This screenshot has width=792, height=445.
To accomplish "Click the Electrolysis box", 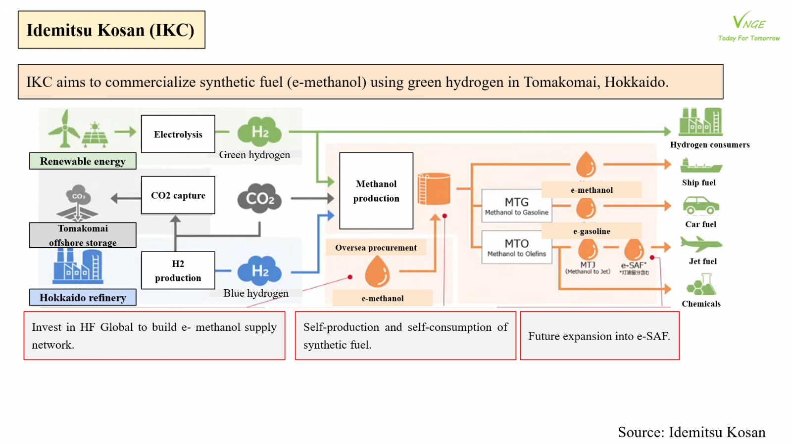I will click(x=178, y=134).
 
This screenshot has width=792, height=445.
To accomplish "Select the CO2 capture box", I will click(x=178, y=195).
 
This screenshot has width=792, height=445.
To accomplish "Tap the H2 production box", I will click(x=178, y=270).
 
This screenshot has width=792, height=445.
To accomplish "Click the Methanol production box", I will click(x=376, y=191).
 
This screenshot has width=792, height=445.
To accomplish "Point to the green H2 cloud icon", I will click(x=259, y=132).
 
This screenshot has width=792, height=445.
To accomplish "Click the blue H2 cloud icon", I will click(x=259, y=271).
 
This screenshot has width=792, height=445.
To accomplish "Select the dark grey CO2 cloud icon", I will click(x=260, y=198).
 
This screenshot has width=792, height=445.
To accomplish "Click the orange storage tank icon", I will click(x=434, y=188).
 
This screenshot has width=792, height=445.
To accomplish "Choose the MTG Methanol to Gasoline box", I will click(x=516, y=206).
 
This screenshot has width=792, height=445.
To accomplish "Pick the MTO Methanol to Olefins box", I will click(x=516, y=247).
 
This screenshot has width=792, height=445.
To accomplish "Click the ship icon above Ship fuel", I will click(x=700, y=165).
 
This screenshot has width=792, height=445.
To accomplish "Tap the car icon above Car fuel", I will click(x=701, y=205).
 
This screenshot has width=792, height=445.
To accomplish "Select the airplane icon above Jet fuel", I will click(x=701, y=244).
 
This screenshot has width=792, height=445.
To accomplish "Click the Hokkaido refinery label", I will click(x=83, y=297).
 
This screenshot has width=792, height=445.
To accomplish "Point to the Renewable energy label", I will click(x=83, y=161).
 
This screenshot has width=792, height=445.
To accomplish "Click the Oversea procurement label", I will click(x=376, y=248).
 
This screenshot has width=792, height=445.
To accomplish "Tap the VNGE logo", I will click(x=749, y=26).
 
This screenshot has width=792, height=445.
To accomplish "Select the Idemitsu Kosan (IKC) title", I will click(x=111, y=30).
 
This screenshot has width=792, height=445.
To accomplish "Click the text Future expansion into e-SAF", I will click(x=599, y=336).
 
